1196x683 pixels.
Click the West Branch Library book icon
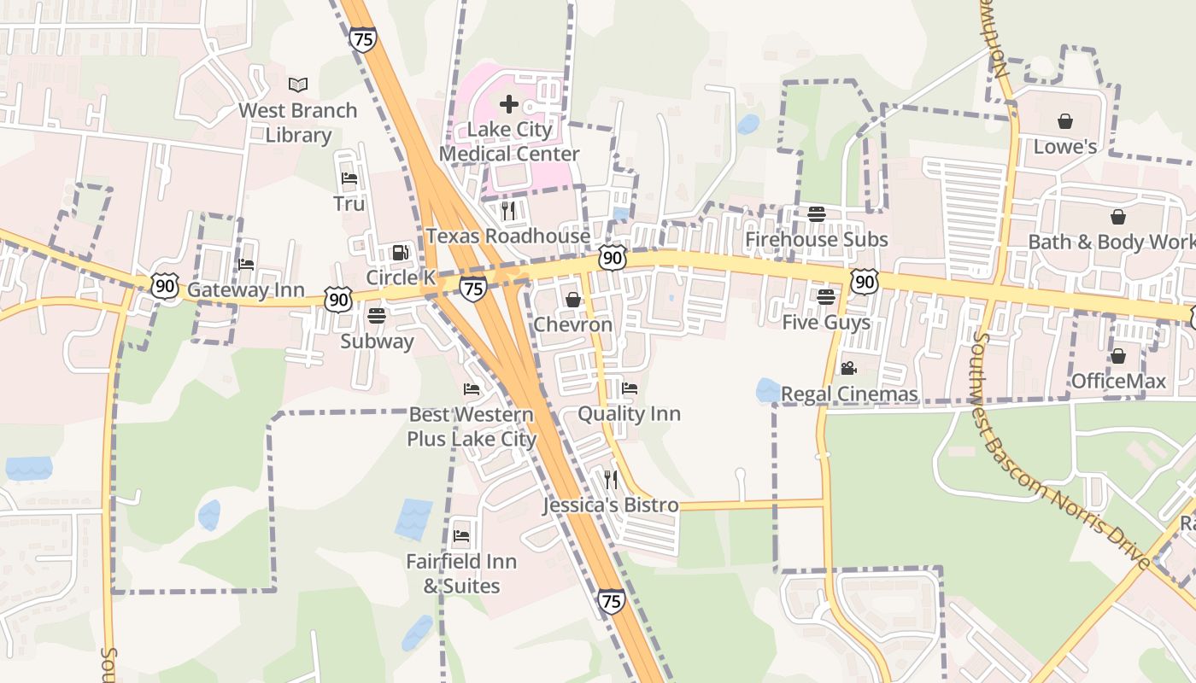click(x=297, y=85)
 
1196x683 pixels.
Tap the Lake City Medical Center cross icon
click(x=509, y=104)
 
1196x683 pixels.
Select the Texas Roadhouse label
click(x=508, y=236)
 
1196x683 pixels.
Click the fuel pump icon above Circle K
click(x=400, y=253)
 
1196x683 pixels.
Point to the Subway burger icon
click(x=377, y=316)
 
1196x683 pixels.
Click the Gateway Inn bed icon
click(x=246, y=265)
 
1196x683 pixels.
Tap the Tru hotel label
click(x=349, y=203)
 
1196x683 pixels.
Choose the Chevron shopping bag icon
click(x=573, y=300)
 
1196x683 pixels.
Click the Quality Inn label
click(x=629, y=414)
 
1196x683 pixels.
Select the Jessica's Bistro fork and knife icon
click(x=611, y=479)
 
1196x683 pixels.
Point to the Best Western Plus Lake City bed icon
click(x=472, y=389)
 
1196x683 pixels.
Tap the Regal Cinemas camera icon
click(x=848, y=368)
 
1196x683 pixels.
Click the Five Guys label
click(x=826, y=323)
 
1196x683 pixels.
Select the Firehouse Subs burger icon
click(x=817, y=214)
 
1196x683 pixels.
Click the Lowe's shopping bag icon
click(x=1064, y=121)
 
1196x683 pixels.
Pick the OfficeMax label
click(x=1117, y=381)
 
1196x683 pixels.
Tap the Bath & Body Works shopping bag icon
click(x=1117, y=217)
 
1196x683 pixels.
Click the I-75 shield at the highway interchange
click(x=473, y=289)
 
